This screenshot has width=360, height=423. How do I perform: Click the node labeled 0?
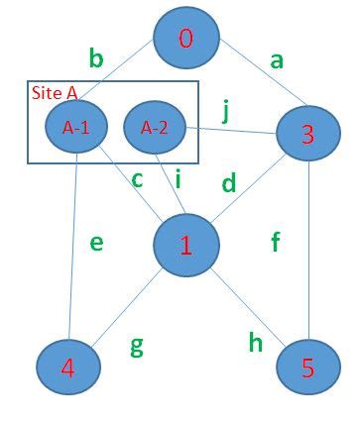click(x=185, y=39)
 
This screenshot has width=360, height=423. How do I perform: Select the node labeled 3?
click(x=308, y=135)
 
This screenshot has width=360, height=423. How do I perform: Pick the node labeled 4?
click(x=68, y=367)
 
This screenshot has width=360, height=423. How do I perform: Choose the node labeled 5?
click(x=306, y=368)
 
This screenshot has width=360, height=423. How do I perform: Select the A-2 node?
click(x=155, y=127)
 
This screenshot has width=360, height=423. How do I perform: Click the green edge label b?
click(x=95, y=59)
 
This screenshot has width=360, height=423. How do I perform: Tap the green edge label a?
click(x=277, y=60)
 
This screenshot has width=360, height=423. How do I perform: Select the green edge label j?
click(x=226, y=110)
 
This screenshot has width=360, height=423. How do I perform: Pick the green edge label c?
click(x=137, y=179)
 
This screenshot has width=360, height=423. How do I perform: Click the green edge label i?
click(x=178, y=178)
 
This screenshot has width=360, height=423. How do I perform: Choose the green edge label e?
click(x=96, y=242)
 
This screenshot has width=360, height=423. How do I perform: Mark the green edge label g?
click(x=137, y=346)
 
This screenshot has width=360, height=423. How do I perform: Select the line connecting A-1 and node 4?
click(x=73, y=248)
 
